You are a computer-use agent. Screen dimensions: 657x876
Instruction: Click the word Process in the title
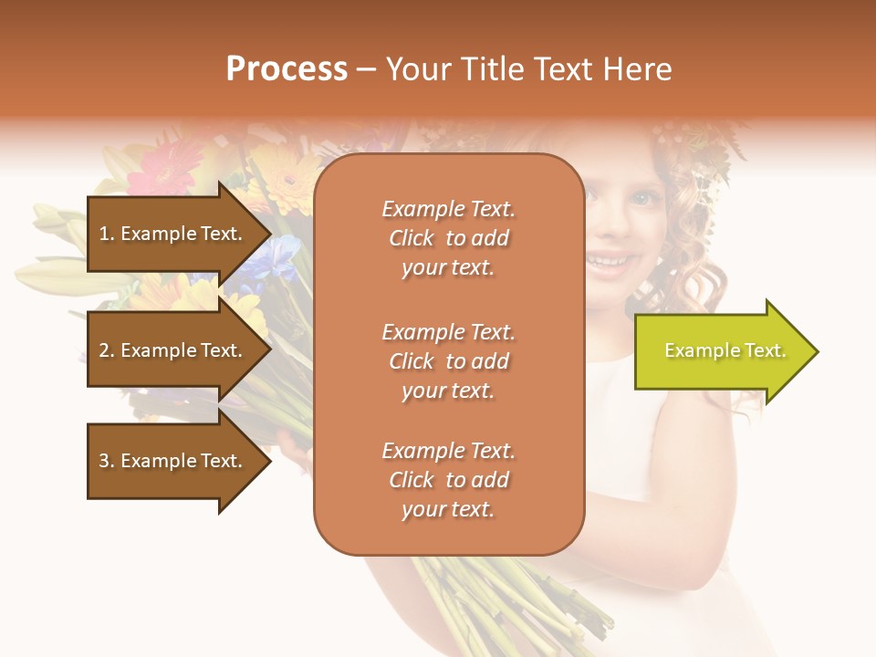[x=287, y=69]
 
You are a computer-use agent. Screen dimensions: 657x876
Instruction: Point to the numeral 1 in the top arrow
[x=103, y=234]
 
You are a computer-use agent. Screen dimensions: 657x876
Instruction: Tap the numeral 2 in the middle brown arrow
[x=104, y=350]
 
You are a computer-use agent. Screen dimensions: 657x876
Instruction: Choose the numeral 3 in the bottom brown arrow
[x=104, y=461]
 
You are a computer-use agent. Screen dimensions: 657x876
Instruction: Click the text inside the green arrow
[x=725, y=350]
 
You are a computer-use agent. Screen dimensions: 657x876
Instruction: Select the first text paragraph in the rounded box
[x=448, y=238]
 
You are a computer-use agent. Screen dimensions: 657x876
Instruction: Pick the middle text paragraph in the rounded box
[x=448, y=361]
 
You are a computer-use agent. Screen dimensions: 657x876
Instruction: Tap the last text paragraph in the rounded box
[x=448, y=480]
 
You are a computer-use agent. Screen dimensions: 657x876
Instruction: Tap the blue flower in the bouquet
[x=279, y=255]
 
